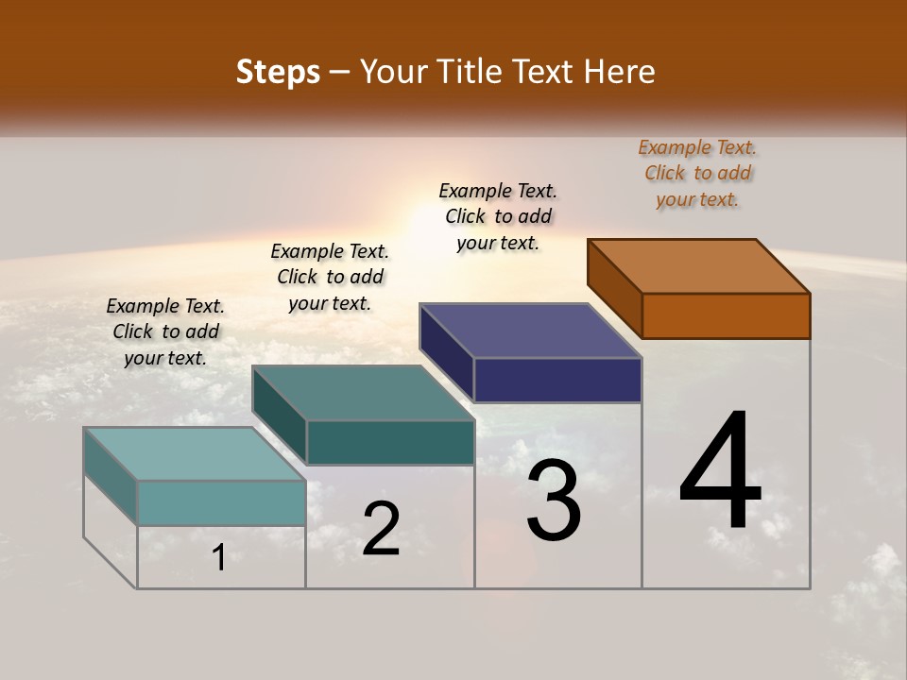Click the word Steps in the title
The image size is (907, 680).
[278, 72]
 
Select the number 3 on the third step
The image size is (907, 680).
[554, 501]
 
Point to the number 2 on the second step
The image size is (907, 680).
[381, 529]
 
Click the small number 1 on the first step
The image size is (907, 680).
[218, 557]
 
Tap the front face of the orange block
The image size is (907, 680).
[726, 315]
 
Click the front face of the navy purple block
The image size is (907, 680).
[557, 380]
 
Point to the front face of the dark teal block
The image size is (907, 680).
[389, 442]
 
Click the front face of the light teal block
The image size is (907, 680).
[221, 502]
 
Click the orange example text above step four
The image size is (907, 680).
[697, 173]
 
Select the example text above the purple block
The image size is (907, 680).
[498, 216]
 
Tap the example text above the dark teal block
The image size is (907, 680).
[330, 277]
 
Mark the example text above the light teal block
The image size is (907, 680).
[165, 331]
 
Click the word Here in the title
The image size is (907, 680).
[622, 72]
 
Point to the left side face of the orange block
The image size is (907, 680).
[614, 289]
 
